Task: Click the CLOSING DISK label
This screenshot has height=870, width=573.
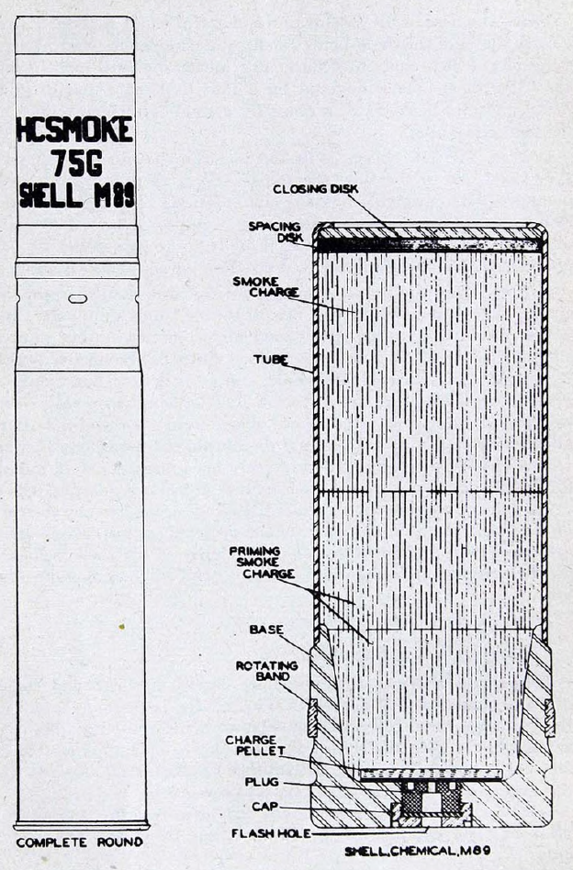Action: (315, 189)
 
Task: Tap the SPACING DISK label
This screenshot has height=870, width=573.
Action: (275, 232)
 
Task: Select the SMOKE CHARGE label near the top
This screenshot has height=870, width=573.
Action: (266, 286)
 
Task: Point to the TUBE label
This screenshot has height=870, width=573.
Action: (270, 360)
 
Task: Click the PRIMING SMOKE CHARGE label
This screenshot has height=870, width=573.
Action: (262, 563)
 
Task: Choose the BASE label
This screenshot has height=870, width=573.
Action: (266, 630)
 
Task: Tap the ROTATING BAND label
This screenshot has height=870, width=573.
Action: (267, 671)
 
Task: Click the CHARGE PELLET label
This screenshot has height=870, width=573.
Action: (255, 745)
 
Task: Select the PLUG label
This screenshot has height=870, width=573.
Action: (262, 782)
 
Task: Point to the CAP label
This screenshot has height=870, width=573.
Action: (264, 806)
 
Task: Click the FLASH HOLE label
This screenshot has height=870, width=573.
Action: (271, 833)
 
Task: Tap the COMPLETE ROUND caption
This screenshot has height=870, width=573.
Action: (79, 842)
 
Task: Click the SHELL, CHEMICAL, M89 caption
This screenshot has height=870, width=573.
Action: (418, 851)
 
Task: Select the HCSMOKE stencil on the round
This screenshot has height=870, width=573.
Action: (75, 129)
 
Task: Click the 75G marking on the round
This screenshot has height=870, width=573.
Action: (77, 163)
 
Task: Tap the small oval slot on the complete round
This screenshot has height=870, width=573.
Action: (78, 299)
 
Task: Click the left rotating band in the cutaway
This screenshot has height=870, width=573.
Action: (312, 718)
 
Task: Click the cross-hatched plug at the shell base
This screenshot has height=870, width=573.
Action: (429, 799)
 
